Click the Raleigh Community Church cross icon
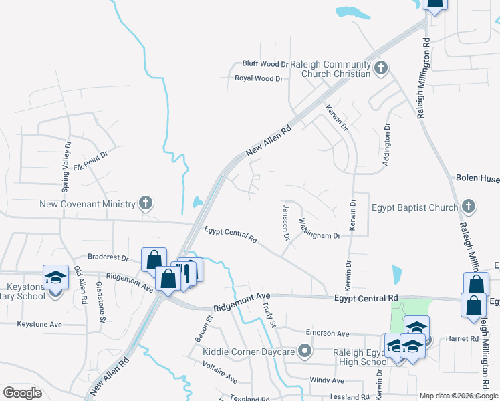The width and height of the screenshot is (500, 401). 381,67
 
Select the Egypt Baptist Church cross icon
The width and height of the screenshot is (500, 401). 468,207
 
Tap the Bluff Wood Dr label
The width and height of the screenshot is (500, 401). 265,63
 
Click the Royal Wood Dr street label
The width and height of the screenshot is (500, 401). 259,78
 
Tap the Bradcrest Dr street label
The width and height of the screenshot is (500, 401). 108,257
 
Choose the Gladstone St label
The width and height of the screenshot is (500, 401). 101,301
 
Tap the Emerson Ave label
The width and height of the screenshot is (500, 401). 328,333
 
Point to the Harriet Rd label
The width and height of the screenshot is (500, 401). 465,338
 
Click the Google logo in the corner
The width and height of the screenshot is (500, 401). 22,393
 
